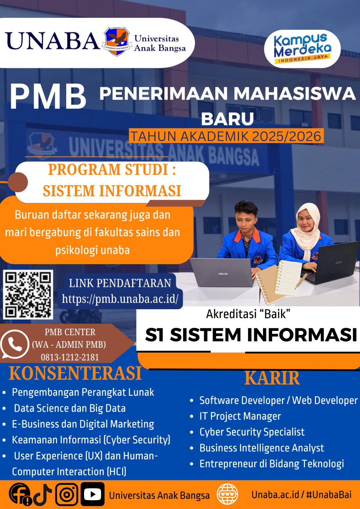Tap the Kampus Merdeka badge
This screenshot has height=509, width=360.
tap(302, 49)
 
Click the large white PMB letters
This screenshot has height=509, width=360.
tap(48, 97)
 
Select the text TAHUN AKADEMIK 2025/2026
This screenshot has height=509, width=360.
tap(226, 136)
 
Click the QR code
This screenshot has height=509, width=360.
tap(28, 295)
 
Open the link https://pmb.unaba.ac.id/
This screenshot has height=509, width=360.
tap(120, 299)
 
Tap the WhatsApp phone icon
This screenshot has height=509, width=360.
tap(15, 344)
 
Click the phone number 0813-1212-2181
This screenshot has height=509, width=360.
tap(70, 357)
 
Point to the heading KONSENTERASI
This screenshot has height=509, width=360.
tap(75, 373)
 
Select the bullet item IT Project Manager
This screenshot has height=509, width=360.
tap(240, 416)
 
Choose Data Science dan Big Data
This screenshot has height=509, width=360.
tap(70, 408)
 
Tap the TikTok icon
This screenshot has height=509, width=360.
tap(43, 494)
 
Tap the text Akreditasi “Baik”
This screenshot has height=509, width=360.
tap(248, 314)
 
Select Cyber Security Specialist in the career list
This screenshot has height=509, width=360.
tap(252, 432)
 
